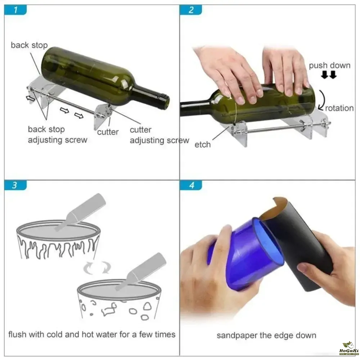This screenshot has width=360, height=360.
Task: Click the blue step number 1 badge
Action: tap(15, 10)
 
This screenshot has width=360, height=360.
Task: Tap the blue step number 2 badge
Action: tap(191, 10)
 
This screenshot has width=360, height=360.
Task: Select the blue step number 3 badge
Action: tap(15, 185)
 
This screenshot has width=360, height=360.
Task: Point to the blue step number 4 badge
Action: tap(191, 185)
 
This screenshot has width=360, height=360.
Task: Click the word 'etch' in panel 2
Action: tap(202, 145)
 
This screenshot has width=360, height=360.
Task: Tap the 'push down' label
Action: tap(329, 66)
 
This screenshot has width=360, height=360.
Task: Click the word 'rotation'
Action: tap(339, 108)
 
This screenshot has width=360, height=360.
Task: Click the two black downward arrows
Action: tap(329, 75)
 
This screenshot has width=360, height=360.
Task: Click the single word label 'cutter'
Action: tap(108, 132)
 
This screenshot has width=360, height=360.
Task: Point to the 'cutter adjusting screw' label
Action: tap(159, 135)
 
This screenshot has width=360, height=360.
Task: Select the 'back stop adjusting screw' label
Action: tap(58, 135)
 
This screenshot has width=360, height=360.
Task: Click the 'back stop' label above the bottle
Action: tap(29, 45)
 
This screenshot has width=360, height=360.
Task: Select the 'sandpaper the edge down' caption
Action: tap(266, 336)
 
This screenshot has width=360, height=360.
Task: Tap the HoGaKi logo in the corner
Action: tap(349, 348)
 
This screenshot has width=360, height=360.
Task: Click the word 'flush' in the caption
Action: tap(17, 334)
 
